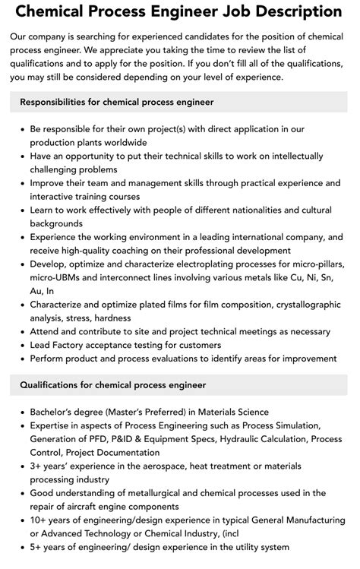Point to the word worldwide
click(125, 142)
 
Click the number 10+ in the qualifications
click(39, 520)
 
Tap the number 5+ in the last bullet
click(36, 548)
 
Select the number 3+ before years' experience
click(36, 466)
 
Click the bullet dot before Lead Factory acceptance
click(20, 346)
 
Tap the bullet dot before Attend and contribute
click(20, 332)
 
